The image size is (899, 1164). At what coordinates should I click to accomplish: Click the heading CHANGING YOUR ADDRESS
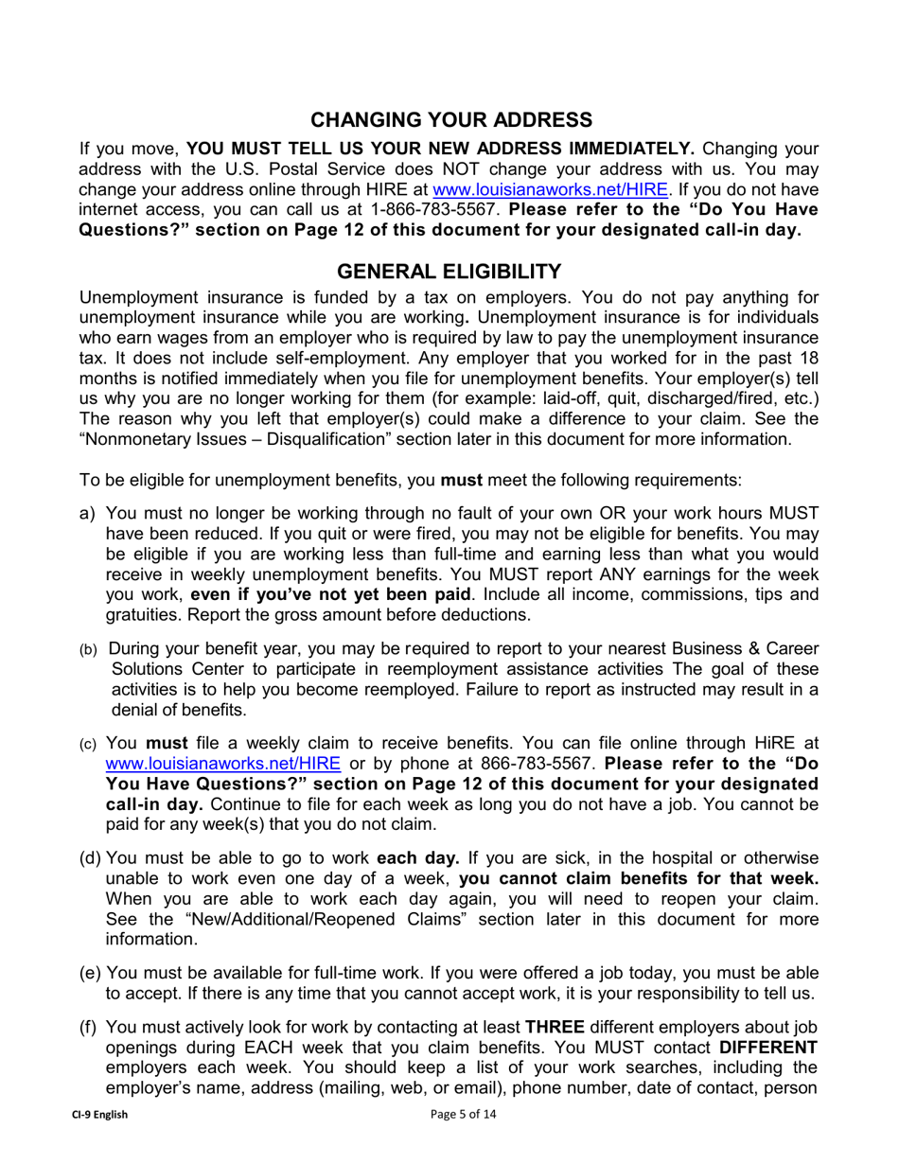tap(452, 119)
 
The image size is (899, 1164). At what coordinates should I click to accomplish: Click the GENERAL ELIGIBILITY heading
tap(449, 272)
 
